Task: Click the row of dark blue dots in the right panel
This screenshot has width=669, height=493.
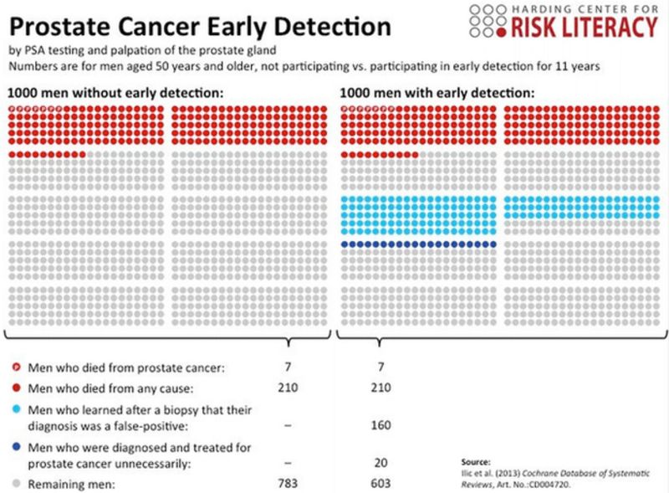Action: coord(420,244)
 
